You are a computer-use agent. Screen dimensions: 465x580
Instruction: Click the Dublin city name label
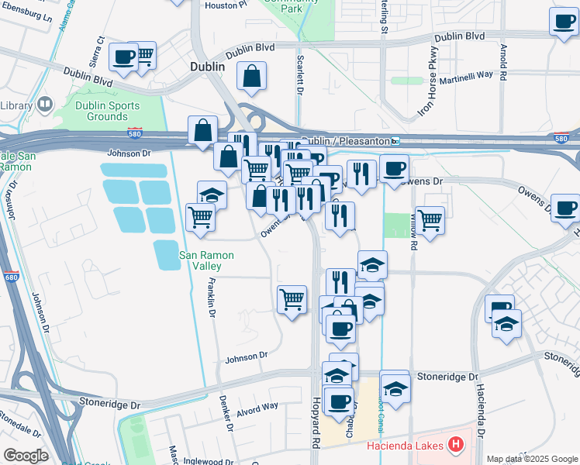click(x=207, y=67)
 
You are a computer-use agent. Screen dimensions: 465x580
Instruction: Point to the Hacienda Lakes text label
click(x=405, y=446)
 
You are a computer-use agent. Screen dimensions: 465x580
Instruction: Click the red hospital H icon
click(x=456, y=446)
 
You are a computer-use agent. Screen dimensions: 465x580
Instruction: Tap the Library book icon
click(x=45, y=104)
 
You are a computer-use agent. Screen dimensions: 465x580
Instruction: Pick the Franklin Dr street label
click(x=211, y=298)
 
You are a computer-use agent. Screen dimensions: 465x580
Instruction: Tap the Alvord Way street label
click(x=257, y=407)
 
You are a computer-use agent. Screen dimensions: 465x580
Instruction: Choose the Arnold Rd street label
click(x=504, y=62)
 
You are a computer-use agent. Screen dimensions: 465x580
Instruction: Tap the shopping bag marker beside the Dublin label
click(x=252, y=77)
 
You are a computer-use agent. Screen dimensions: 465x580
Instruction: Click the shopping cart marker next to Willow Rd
click(x=430, y=219)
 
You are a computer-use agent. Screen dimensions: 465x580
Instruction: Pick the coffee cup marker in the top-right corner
click(x=564, y=22)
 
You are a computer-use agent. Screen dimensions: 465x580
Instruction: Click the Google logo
click(x=26, y=456)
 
